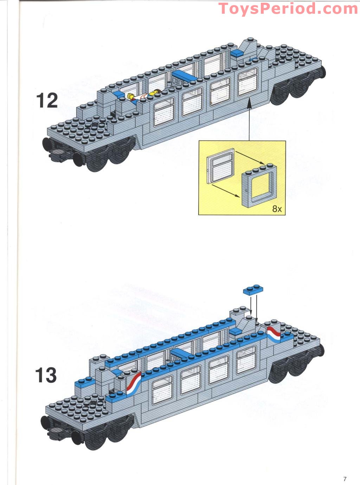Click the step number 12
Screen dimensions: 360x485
click(47, 101)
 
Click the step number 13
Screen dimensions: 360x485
click(46, 375)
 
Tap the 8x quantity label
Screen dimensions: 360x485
click(277, 209)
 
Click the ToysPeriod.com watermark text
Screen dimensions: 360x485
click(288, 9)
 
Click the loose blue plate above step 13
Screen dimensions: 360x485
click(253, 290)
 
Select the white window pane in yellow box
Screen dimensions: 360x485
click(221, 166)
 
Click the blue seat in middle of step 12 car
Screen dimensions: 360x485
click(185, 75)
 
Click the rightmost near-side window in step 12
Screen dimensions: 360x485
click(247, 81)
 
